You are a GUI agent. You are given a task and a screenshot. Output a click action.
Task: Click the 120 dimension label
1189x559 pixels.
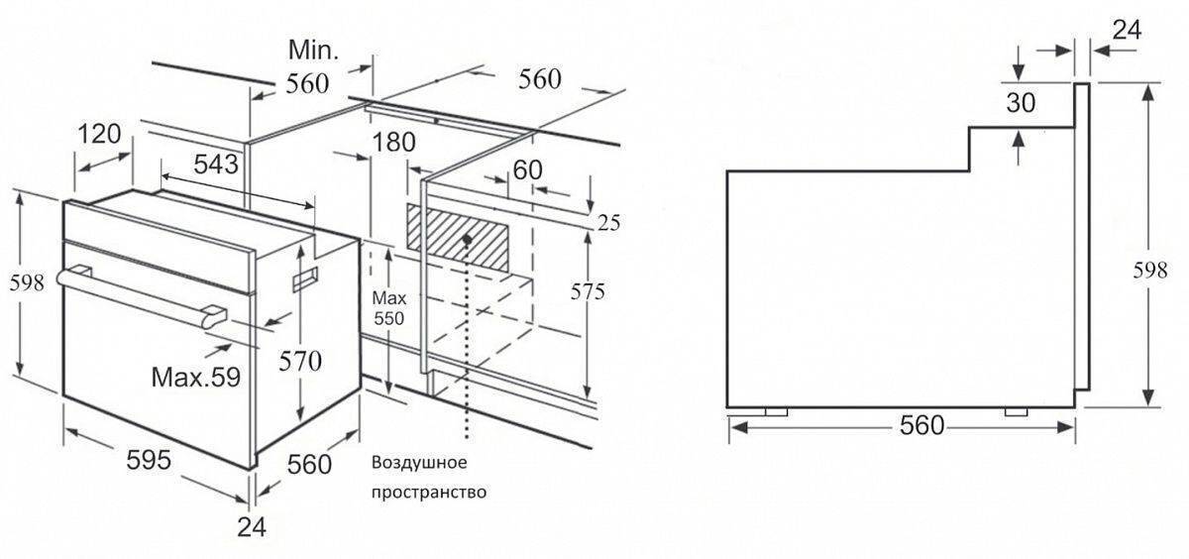pyautogui.click(x=100, y=134)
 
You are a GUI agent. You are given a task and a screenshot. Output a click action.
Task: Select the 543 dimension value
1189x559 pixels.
pyautogui.click(x=216, y=165)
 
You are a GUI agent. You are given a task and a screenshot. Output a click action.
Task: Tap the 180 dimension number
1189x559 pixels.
pyautogui.click(x=394, y=143)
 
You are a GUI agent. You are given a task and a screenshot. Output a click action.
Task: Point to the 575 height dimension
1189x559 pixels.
pyautogui.click(x=588, y=291)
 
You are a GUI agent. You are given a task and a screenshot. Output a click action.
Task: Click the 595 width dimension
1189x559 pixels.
pyautogui.click(x=149, y=460)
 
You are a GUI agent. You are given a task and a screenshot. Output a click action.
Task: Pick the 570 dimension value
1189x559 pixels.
pyautogui.click(x=300, y=362)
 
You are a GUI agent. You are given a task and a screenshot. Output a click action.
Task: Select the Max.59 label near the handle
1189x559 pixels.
pyautogui.click(x=196, y=378)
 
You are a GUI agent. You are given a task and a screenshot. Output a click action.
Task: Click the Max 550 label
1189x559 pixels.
pyautogui.click(x=389, y=308)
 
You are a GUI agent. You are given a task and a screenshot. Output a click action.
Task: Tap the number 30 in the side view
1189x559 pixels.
pyautogui.click(x=1021, y=102)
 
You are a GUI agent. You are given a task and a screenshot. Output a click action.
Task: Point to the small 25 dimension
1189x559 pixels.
pyautogui.click(x=608, y=223)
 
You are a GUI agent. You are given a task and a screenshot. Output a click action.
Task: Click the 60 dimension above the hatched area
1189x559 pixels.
pyautogui.click(x=527, y=169)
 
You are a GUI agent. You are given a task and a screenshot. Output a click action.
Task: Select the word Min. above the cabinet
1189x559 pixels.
pyautogui.click(x=313, y=51)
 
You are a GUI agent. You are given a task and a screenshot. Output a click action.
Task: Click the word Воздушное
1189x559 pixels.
pyautogui.click(x=419, y=463)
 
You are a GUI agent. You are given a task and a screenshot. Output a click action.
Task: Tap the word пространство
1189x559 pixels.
pyautogui.click(x=429, y=493)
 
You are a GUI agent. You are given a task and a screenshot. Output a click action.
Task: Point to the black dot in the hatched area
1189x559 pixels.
pyautogui.click(x=467, y=240)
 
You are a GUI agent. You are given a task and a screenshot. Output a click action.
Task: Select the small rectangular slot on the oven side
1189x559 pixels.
pyautogui.click(x=306, y=279)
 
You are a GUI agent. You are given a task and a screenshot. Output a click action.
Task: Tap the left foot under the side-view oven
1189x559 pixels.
pyautogui.click(x=776, y=412)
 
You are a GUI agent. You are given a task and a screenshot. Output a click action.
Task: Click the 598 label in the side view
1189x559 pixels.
pyautogui.click(x=1150, y=271)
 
